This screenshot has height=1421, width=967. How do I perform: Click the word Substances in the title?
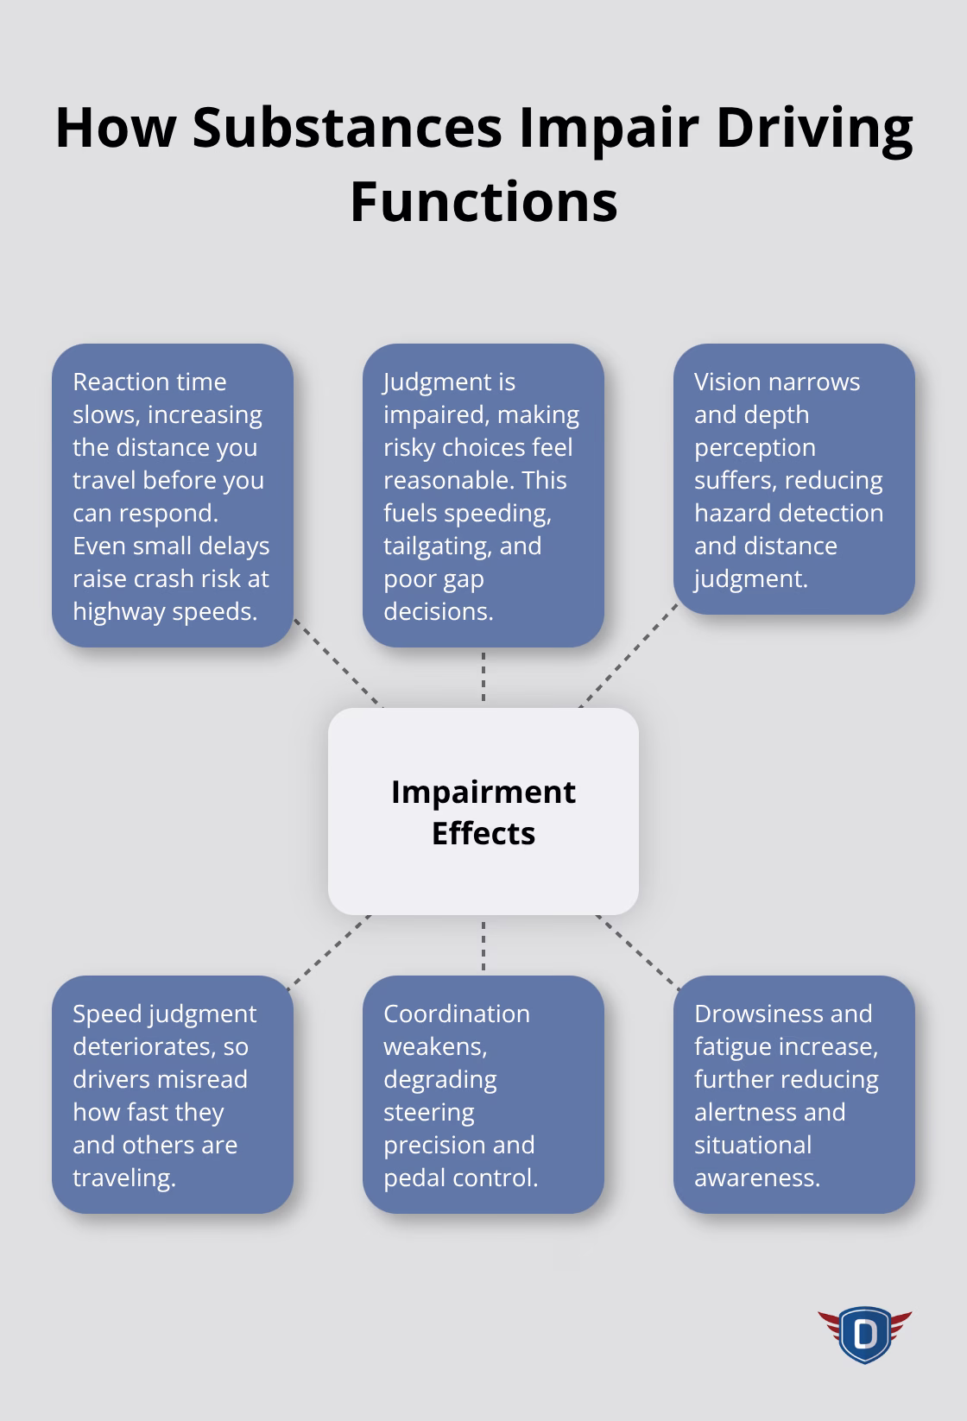coord(347,128)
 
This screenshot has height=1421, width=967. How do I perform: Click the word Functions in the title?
coord(483,202)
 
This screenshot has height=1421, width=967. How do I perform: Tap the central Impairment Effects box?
coord(483,812)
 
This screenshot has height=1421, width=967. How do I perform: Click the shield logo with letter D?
coord(864,1335)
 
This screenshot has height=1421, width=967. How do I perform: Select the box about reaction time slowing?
coord(173,496)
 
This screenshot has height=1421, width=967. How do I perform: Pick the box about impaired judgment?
coord(483,496)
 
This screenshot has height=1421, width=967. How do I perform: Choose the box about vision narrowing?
coord(794,479)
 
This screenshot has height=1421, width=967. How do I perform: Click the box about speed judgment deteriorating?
coord(173,1095)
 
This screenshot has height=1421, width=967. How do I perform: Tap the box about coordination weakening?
coord(483,1095)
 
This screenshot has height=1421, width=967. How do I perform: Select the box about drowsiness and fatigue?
coord(794,1095)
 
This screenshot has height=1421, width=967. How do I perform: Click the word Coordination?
coord(457,1014)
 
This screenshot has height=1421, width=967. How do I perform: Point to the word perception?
coord(755,448)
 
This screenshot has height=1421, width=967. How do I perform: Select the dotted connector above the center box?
coord(483,678)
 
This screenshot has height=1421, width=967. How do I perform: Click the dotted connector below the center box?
coord(483,945)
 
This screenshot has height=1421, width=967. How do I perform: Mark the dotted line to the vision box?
coord(628,656)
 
